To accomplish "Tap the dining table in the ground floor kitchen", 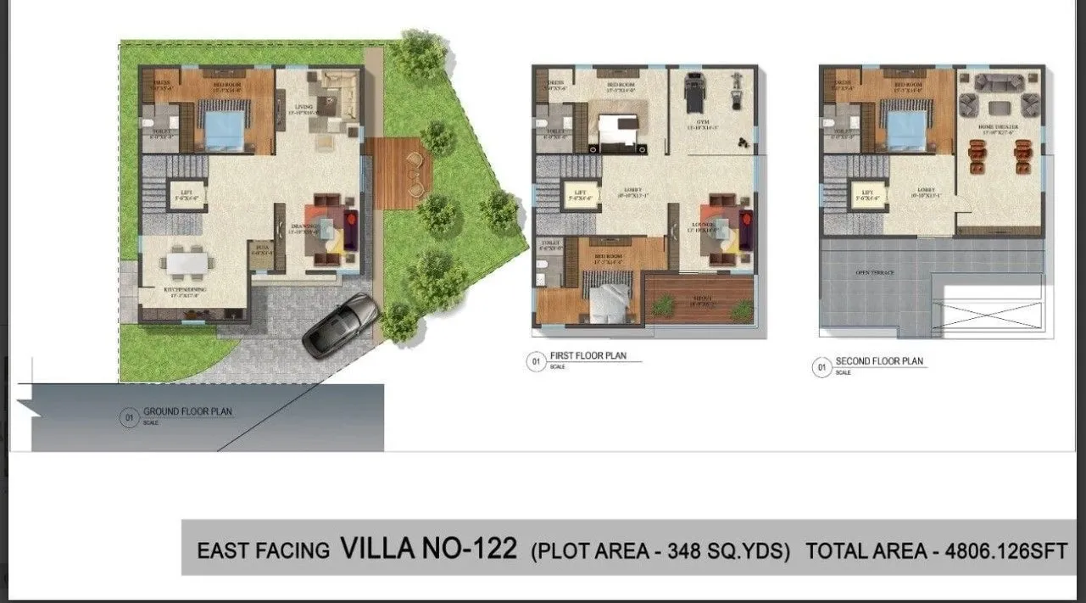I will (x=186, y=263).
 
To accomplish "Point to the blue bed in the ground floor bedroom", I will (x=224, y=129).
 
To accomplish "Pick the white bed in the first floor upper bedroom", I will (x=616, y=131).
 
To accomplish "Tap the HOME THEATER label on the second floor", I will (x=1000, y=127).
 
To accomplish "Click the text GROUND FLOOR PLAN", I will (x=187, y=412).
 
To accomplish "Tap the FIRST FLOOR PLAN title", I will (x=588, y=356).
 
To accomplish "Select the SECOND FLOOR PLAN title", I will (x=879, y=361).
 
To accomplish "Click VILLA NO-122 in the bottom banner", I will (x=428, y=549).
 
